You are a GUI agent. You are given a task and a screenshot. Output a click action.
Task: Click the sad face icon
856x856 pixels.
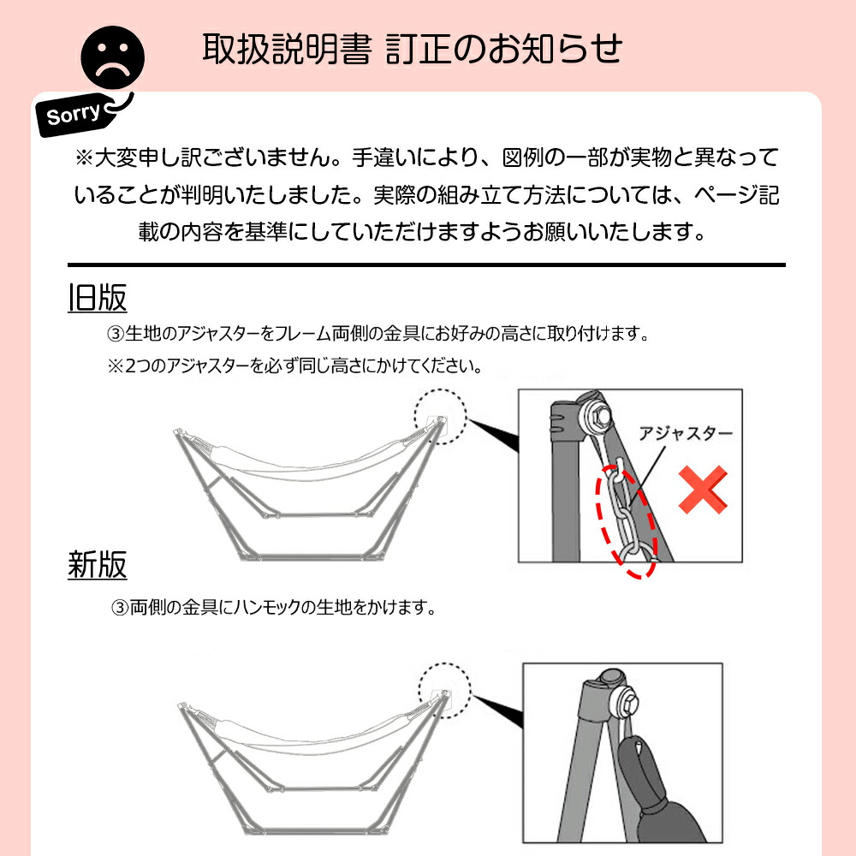(112, 57)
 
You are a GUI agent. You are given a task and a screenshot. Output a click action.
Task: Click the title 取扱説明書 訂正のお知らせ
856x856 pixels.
(413, 49)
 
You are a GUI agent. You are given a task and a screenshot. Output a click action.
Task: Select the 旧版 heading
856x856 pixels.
(98, 298)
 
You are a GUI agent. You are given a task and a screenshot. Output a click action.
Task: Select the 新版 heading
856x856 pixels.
(98, 564)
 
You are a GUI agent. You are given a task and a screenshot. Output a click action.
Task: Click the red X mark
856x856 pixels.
(703, 490)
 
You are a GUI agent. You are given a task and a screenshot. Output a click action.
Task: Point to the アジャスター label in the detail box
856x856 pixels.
(686, 433)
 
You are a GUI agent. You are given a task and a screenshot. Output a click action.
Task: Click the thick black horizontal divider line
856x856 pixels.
(426, 265)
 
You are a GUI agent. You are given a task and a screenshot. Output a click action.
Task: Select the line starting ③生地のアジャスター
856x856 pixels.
(377, 333)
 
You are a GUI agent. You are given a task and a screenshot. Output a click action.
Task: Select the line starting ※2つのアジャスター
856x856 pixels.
(294, 366)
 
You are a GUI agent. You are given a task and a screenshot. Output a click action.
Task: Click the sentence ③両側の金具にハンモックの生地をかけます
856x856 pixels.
(274, 607)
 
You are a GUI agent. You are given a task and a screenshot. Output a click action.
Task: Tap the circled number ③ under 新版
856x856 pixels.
(120, 608)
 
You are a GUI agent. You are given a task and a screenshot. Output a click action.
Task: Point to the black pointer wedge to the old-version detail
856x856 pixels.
(494, 434)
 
